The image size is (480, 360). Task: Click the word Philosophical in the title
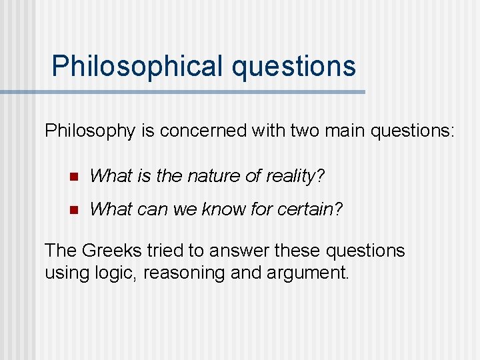pyautogui.click(x=137, y=67)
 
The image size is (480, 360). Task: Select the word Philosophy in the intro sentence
pyautogui.click(x=90, y=131)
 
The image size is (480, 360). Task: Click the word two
pyautogui.click(x=306, y=131)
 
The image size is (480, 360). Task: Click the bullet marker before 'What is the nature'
pyautogui.click(x=74, y=177)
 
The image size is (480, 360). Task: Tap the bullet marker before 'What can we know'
pyautogui.click(x=74, y=210)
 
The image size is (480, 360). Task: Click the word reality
pyautogui.click(x=290, y=176)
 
